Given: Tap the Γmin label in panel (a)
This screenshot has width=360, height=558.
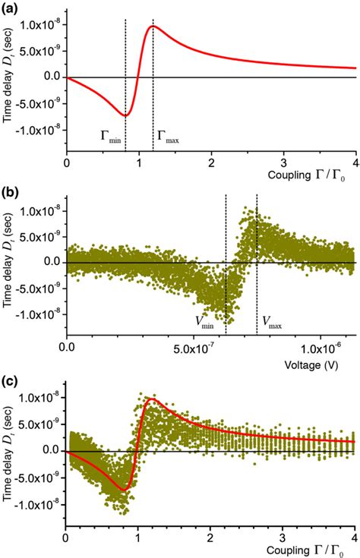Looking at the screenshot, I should click(110, 137).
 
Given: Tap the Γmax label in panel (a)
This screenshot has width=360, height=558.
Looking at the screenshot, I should click(167, 137).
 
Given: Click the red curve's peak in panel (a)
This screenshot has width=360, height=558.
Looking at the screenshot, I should click(153, 27).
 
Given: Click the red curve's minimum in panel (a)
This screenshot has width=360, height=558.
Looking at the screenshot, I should click(125, 115).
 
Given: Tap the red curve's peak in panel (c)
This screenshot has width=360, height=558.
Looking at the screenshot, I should click(153, 399).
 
